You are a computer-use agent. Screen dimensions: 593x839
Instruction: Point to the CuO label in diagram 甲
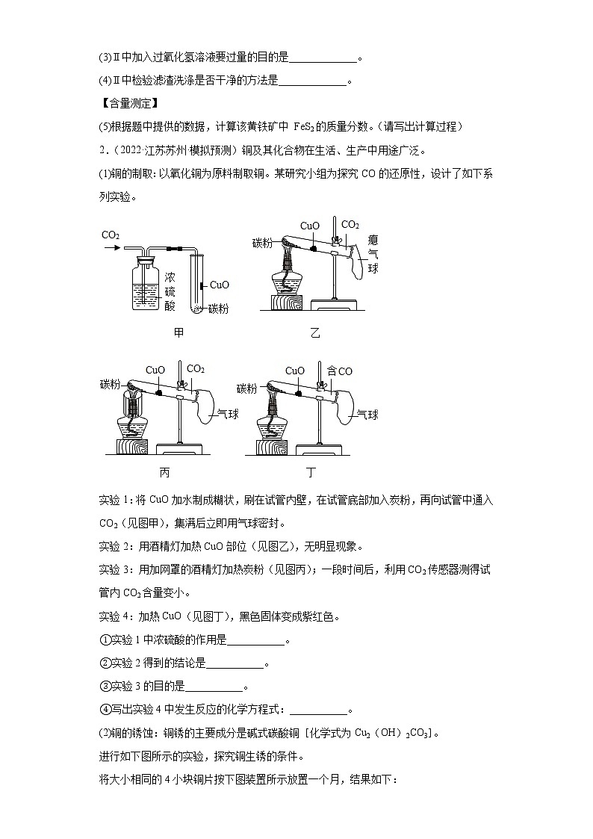(x=220, y=285)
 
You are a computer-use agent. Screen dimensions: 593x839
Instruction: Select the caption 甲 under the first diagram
(x=178, y=332)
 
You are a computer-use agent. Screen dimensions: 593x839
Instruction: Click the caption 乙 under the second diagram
(x=314, y=333)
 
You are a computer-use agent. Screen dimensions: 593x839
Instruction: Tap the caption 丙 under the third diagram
(x=165, y=472)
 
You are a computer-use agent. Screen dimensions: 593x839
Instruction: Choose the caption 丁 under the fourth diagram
(x=311, y=472)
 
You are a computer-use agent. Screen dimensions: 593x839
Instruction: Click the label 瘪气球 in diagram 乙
(x=373, y=253)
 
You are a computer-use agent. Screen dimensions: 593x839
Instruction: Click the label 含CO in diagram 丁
(x=340, y=371)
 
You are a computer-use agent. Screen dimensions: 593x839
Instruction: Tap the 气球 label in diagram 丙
(x=227, y=414)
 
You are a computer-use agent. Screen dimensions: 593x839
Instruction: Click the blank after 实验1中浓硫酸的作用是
(x=255, y=642)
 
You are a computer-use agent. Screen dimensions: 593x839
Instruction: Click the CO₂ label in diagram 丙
(x=195, y=369)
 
